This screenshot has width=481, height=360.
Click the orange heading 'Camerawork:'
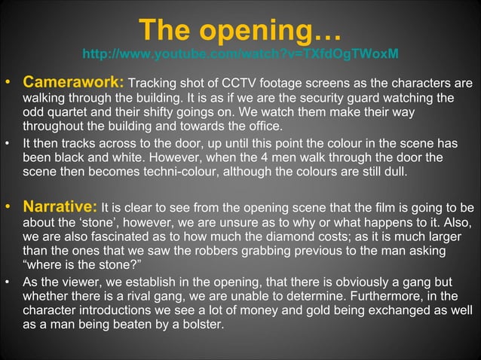point(73,81)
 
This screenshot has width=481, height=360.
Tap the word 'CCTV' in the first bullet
point(214,82)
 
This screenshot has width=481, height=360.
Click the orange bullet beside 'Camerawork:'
point(10,82)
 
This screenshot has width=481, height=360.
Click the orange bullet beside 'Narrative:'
point(10,208)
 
